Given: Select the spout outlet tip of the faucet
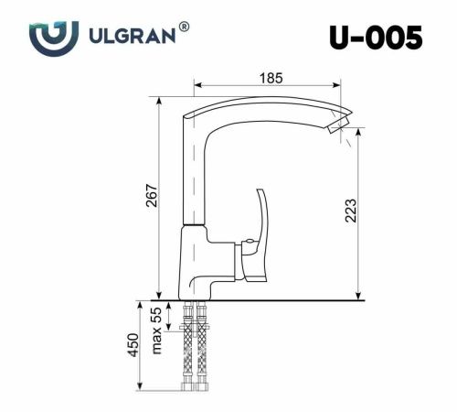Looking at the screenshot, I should tap(339, 124).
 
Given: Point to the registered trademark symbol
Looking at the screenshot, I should tap(185, 27).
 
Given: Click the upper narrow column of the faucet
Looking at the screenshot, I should tap(193, 174).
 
